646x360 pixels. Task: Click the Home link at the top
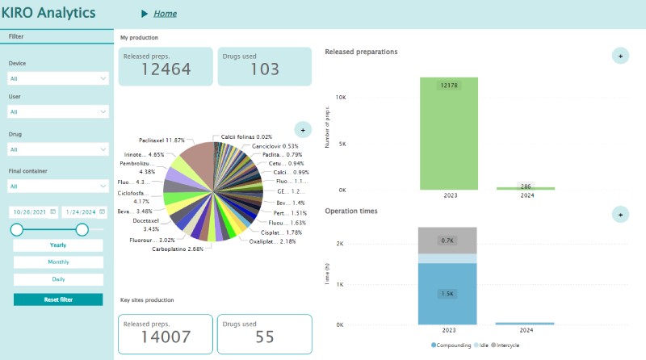tap(165, 14)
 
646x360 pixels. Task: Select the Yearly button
tap(58, 245)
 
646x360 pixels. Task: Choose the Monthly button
tap(58, 262)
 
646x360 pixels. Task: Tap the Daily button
tap(58, 279)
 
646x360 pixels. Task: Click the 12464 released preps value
tap(166, 70)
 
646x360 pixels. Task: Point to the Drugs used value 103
tap(264, 70)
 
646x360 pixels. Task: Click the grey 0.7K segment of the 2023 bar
tap(448, 241)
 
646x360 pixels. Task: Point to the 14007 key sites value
tap(166, 337)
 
